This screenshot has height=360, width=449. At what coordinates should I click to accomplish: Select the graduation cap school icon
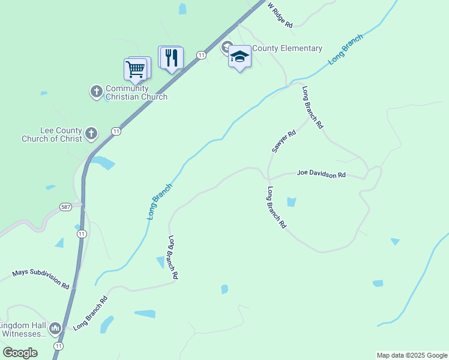coord(240,57)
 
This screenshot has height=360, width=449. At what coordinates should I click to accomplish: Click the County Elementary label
coord(287,49)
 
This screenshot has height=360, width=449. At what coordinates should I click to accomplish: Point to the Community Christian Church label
coord(136,92)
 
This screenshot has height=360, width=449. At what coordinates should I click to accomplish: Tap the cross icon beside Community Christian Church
coord(96,92)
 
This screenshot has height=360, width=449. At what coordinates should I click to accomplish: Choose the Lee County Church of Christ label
coord(51,134)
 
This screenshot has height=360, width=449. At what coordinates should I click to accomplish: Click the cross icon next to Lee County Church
coord(91,133)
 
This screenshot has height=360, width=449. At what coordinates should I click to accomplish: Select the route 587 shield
coord(67,207)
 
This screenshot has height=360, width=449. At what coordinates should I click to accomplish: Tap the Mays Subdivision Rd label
coord(41,280)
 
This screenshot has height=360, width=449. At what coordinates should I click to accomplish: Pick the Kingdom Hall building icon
coord(55,328)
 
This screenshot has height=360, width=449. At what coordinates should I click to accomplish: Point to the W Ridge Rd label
coord(280,15)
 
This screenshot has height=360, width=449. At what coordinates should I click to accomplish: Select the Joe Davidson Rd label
coord(321,174)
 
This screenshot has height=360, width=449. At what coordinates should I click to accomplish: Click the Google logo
coord(20,353)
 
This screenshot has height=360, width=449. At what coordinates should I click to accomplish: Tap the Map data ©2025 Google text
coord(412,355)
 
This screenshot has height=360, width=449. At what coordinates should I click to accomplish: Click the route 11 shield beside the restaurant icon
coord(201,55)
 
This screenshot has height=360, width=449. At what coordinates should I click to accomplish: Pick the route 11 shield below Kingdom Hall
coord(58,347)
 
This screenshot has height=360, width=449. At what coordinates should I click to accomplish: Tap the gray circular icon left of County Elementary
coord(228,47)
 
